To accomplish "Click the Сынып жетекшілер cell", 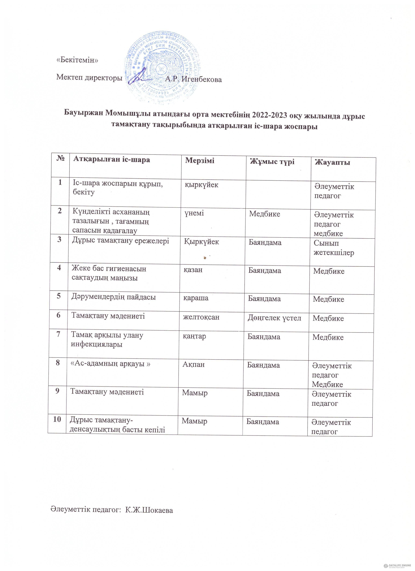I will pos(334,248).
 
